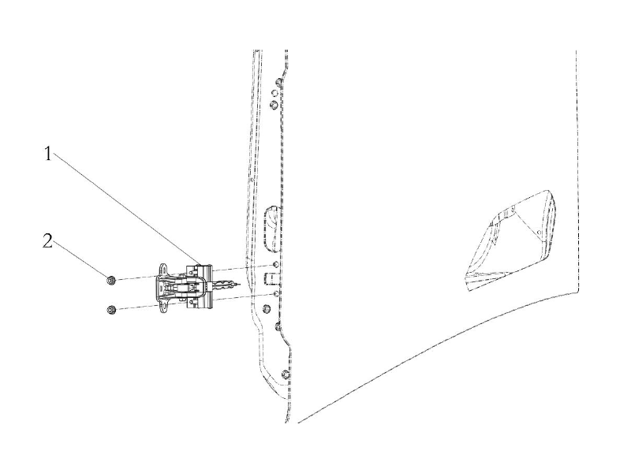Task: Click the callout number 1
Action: (x=48, y=154)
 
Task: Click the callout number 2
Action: (x=47, y=241)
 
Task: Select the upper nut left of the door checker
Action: (x=111, y=280)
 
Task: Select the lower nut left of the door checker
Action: (x=111, y=310)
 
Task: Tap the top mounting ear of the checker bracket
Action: (x=164, y=269)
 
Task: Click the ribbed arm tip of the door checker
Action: (x=225, y=285)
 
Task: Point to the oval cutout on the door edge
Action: (x=271, y=229)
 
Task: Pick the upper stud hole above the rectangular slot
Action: (x=276, y=265)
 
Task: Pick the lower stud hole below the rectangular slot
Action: (x=276, y=294)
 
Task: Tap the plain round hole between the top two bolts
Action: (x=274, y=93)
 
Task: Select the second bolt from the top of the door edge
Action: (x=273, y=105)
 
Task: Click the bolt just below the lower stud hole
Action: (x=266, y=309)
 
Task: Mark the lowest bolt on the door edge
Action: (x=286, y=374)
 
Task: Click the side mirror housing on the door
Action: (x=511, y=240)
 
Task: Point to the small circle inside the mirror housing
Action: (x=539, y=233)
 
